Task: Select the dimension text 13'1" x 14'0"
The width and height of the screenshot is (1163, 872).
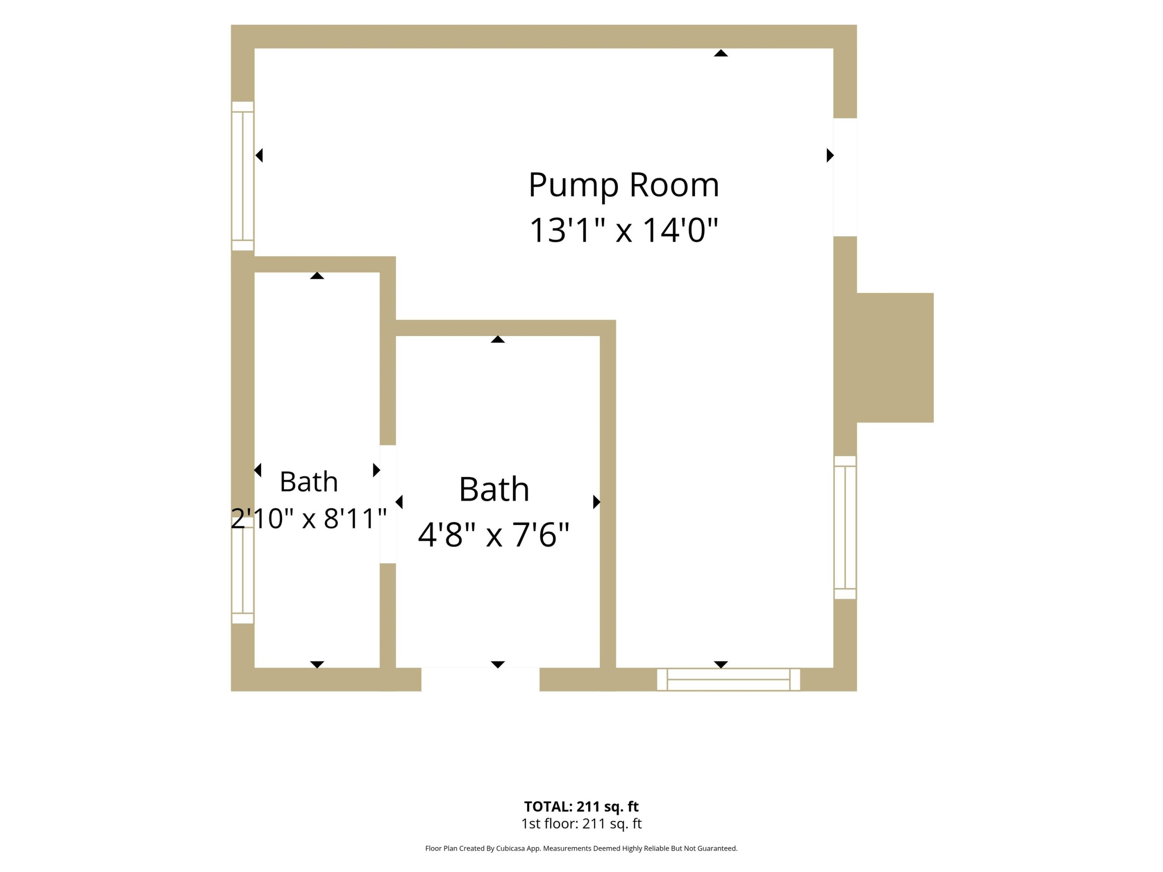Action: click(x=624, y=230)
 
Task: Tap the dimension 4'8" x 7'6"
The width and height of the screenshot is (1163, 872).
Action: click(x=494, y=535)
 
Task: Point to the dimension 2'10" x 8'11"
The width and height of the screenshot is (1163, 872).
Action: click(x=308, y=518)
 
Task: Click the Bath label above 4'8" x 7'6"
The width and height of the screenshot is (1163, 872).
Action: click(x=494, y=489)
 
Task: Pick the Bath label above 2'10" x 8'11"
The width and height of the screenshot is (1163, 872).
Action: click(x=308, y=481)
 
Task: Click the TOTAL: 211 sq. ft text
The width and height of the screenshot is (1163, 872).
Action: click(x=581, y=806)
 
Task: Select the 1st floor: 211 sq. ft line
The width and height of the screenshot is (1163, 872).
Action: click(x=581, y=824)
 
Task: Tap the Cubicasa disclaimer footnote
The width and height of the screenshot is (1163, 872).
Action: click(x=581, y=848)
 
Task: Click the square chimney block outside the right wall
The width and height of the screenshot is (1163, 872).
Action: click(x=895, y=357)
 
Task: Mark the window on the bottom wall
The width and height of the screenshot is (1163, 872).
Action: click(x=728, y=679)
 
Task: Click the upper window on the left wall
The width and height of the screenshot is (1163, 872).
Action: click(x=243, y=176)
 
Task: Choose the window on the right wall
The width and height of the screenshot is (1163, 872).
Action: click(x=845, y=527)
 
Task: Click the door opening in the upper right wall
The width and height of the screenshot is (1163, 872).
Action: click(x=845, y=177)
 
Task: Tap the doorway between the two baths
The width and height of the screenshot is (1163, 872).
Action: click(x=388, y=504)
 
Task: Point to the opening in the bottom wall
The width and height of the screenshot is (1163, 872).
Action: click(x=480, y=679)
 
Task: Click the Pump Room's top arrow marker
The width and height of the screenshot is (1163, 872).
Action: click(x=721, y=53)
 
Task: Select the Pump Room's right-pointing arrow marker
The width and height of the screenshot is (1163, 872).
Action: click(x=830, y=155)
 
